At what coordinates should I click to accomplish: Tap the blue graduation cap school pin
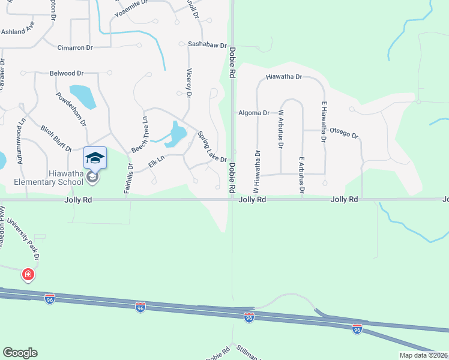[x=95, y=158]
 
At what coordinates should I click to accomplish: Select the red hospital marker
[x=28, y=275]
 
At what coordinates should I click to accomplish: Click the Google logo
[x=20, y=353]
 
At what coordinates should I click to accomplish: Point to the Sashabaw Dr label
[x=206, y=45]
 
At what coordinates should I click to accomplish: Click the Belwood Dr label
[x=67, y=73]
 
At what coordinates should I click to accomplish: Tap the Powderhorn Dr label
[x=71, y=109]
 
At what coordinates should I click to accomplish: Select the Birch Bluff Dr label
[x=56, y=139]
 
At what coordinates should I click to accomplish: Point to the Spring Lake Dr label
[x=212, y=147]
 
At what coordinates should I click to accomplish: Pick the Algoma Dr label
[x=253, y=113]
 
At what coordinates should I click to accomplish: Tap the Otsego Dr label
[x=344, y=133]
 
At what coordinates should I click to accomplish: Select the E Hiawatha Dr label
[x=324, y=122]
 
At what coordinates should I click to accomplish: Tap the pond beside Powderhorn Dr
[x=83, y=97]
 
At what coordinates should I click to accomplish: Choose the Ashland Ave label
[x=18, y=31]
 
